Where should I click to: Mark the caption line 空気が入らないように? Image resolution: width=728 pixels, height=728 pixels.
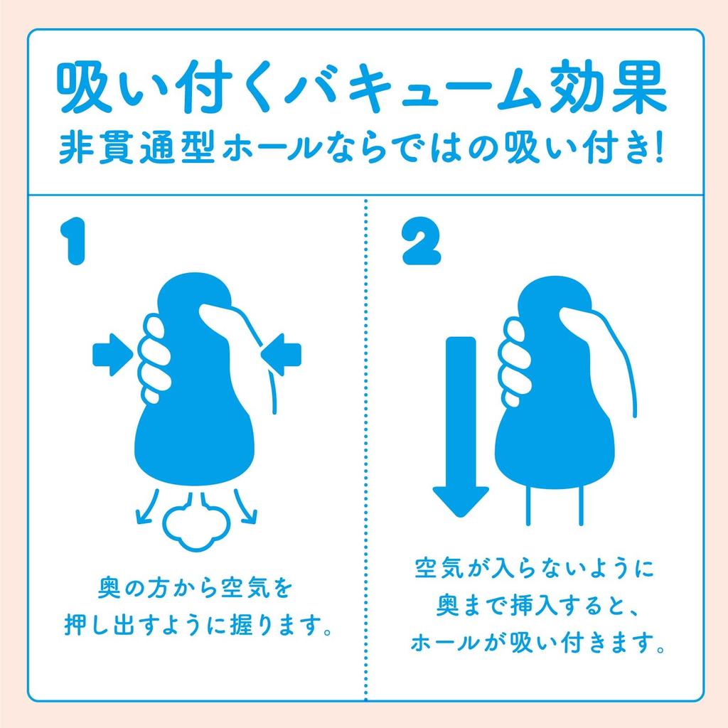[532, 570]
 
